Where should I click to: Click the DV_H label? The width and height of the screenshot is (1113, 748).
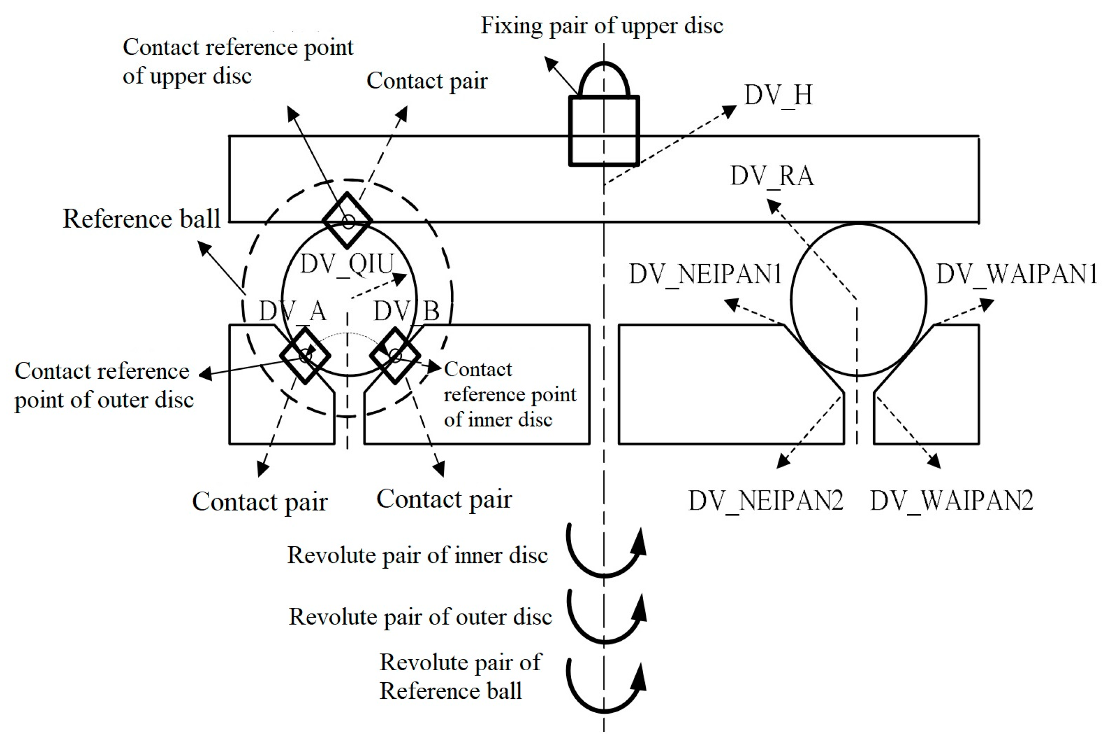pyautogui.click(x=778, y=95)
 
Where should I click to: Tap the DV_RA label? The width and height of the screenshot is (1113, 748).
pyautogui.click(x=772, y=176)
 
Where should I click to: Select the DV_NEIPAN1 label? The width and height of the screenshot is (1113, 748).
pyautogui.click(x=705, y=274)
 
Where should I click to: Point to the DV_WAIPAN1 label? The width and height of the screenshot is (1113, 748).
pyautogui.click(x=1017, y=274)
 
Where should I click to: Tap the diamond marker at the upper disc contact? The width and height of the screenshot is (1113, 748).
pyautogui.click(x=347, y=221)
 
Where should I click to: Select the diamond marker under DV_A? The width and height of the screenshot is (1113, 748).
pyautogui.click(x=305, y=355)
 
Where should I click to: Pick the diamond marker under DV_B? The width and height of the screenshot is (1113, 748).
pyautogui.click(x=395, y=355)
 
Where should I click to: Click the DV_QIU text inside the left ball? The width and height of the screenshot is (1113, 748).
pyautogui.click(x=347, y=264)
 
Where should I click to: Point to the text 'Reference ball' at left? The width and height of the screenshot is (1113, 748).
pyautogui.click(x=142, y=219)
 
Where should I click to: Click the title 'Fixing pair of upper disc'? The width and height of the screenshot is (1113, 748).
pyautogui.click(x=602, y=25)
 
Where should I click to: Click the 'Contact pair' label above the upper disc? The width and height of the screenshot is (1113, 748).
pyautogui.click(x=427, y=81)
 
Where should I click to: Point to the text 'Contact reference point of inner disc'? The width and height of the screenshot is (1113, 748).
pyautogui.click(x=509, y=395)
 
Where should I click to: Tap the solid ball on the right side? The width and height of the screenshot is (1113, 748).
pyautogui.click(x=858, y=300)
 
